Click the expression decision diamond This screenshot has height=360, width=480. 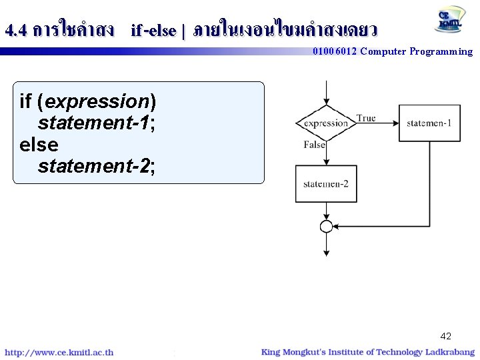[x=326, y=123]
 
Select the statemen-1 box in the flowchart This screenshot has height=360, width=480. [x=429, y=123]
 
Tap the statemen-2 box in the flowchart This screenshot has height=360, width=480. [x=326, y=183]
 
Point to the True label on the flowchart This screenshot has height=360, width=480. [x=366, y=118]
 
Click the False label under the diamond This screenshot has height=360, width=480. [x=314, y=145]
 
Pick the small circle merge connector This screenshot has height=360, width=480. [x=326, y=227]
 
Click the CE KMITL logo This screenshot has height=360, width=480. [x=451, y=20]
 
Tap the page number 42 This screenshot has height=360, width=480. [x=445, y=337]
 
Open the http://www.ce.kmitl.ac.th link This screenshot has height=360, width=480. [x=59, y=352]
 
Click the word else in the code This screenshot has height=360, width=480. [x=39, y=144]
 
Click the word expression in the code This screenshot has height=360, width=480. [x=97, y=101]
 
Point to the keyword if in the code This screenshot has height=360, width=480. [x=26, y=101]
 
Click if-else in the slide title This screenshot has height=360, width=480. [x=153, y=30]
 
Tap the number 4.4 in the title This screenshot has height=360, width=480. [x=15, y=30]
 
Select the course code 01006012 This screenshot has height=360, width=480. [x=335, y=51]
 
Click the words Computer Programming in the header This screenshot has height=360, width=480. [x=416, y=51]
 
